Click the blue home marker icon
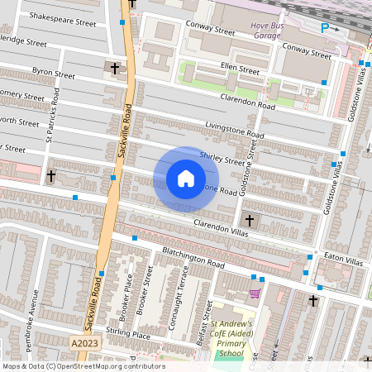(x=186, y=179)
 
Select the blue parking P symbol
(x=324, y=27)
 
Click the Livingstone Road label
(x=235, y=131)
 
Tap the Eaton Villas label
(x=342, y=260)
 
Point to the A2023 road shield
(x=83, y=343)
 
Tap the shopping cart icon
(x=255, y=292)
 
